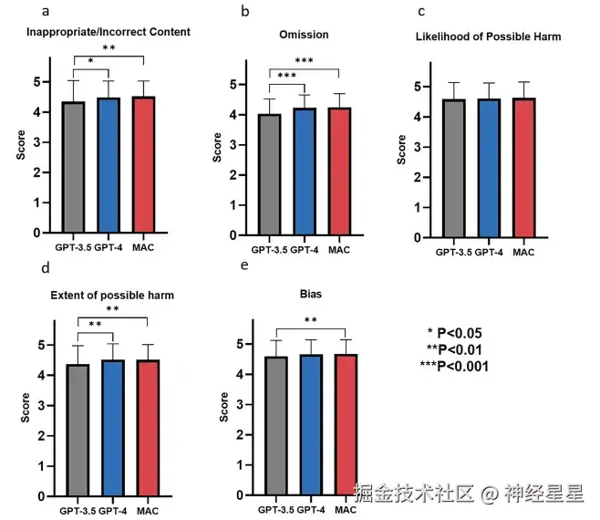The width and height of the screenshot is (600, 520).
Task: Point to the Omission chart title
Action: pyautogui.click(x=304, y=35)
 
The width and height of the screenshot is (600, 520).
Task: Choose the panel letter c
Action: pyautogui.click(x=421, y=11)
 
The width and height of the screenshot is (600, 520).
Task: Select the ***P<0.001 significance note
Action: pyautogui.click(x=454, y=366)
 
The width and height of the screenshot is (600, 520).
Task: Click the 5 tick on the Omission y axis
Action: pyautogui.click(x=236, y=85)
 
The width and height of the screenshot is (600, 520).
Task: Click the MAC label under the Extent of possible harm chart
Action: pyautogui.click(x=148, y=511)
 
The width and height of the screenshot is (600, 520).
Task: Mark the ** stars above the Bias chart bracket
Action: pyautogui.click(x=310, y=320)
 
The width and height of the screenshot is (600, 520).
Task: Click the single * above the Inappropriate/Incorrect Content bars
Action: pyautogui.click(x=91, y=62)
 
